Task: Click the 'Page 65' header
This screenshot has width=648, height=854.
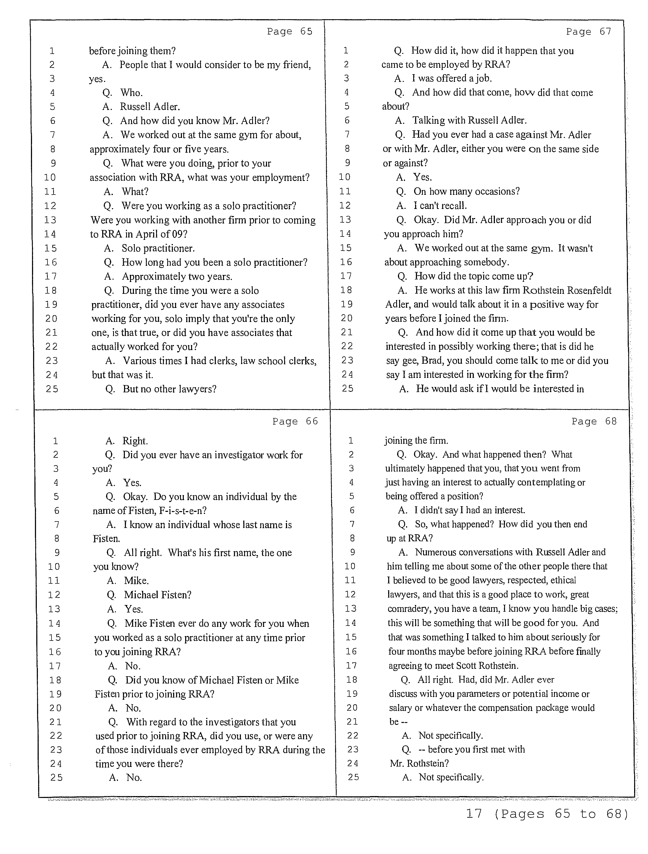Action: point(289,31)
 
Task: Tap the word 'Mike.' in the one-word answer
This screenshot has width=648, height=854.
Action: point(136,581)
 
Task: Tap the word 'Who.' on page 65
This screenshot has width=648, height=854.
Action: point(132,93)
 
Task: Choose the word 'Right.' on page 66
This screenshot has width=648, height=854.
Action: point(135,441)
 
